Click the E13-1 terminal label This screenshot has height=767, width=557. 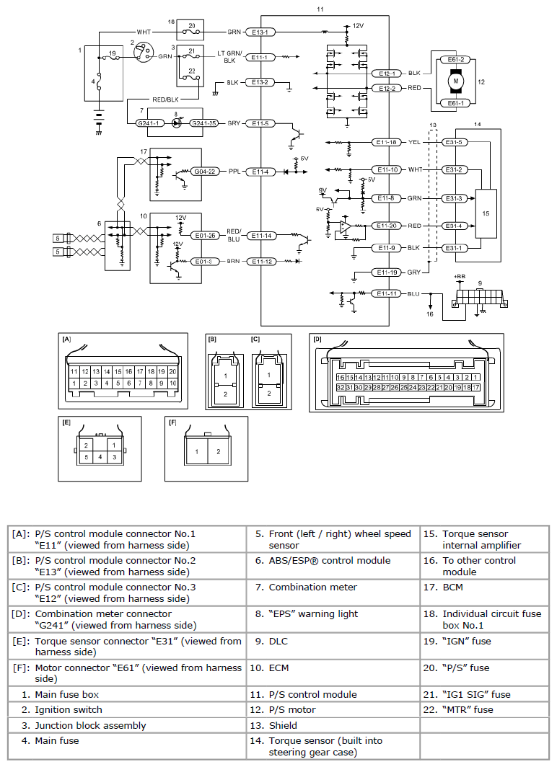point(260,32)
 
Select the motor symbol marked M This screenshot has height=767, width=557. point(456,81)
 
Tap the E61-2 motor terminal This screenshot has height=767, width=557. point(456,60)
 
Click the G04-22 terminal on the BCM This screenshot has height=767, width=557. point(205,172)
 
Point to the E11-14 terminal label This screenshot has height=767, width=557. point(261,236)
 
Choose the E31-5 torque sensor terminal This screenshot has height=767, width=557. point(455,142)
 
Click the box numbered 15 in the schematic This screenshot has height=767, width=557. point(486,214)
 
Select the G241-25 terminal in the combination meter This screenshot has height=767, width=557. point(203,123)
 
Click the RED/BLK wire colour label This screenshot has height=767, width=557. point(165,99)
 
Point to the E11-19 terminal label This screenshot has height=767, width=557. point(387,272)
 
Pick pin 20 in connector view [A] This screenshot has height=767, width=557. point(172,372)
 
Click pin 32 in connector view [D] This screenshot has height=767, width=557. point(341,387)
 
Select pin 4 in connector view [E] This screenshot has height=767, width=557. point(100,457)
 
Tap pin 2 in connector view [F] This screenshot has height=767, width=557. point(219,451)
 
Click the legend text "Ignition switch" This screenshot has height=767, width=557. point(69,710)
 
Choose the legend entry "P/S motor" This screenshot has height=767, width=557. point(292,710)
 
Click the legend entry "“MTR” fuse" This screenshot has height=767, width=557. point(468,710)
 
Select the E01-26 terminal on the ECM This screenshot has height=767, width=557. point(205,235)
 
